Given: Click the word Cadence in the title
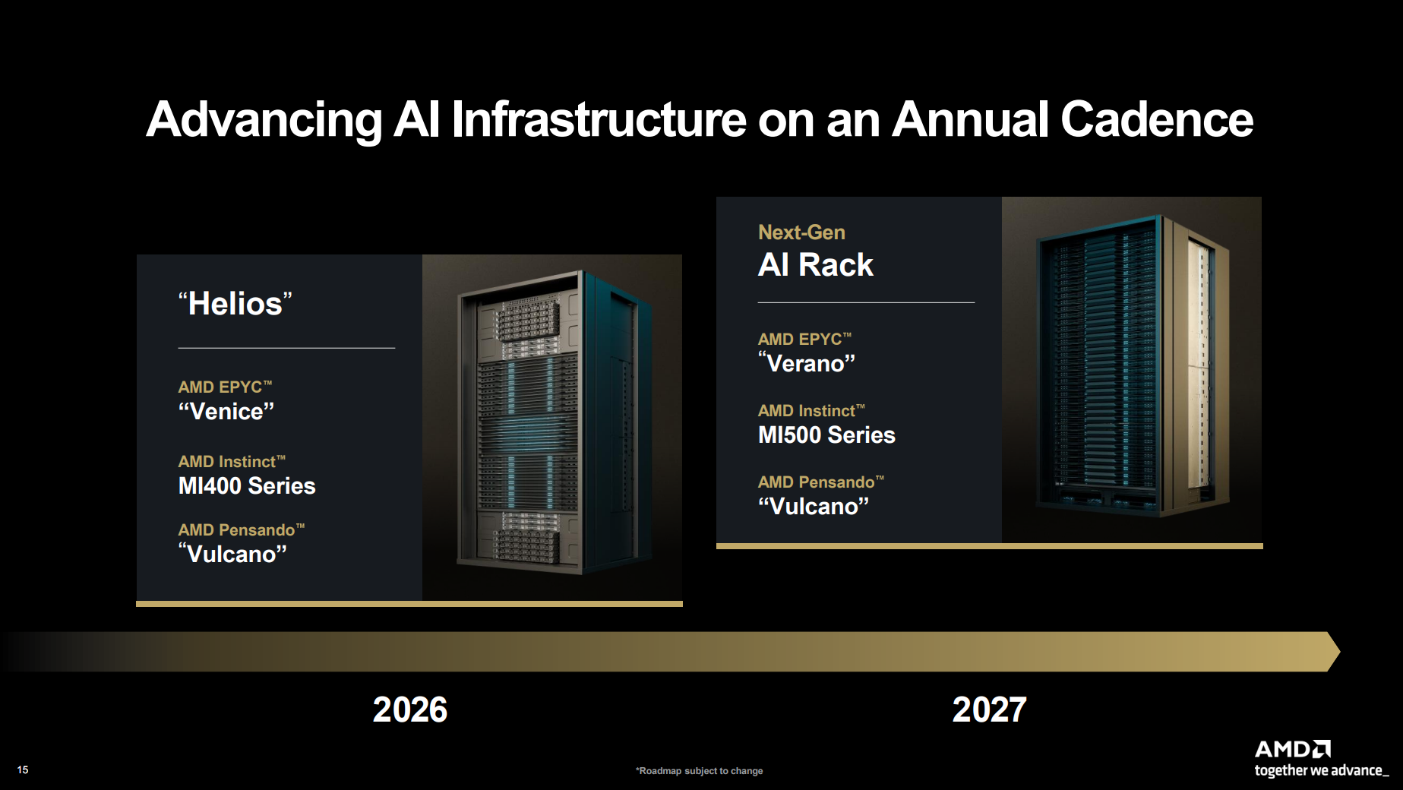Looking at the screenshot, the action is [x=1156, y=119].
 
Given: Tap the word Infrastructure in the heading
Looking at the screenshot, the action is [x=599, y=119].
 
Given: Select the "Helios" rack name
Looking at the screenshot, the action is [x=235, y=304].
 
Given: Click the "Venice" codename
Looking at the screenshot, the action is [x=226, y=411].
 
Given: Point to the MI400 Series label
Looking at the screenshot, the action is [x=247, y=485].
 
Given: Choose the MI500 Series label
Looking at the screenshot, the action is [x=826, y=434].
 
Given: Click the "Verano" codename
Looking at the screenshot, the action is [x=807, y=363].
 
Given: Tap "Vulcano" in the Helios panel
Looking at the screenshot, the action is [x=233, y=554].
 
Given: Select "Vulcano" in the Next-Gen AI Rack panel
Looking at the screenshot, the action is [x=814, y=506].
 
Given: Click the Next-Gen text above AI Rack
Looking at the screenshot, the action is [x=801, y=232].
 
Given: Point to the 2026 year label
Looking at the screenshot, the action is [x=410, y=709].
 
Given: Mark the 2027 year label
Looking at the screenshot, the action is [x=990, y=709].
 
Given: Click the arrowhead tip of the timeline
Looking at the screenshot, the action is [x=1340, y=651].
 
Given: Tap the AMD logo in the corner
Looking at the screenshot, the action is [x=1293, y=749].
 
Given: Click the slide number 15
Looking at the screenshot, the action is [x=23, y=769].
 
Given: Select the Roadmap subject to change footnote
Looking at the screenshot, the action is [x=700, y=771].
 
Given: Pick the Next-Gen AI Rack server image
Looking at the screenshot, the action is [x=1133, y=367].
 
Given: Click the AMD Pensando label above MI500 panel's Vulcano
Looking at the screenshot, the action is [x=821, y=482].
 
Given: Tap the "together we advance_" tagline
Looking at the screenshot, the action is [x=1322, y=770].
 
